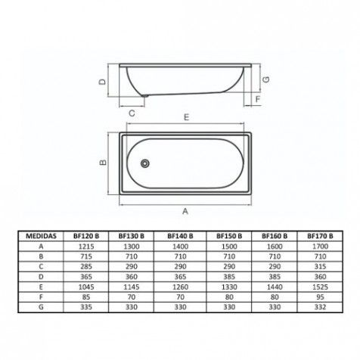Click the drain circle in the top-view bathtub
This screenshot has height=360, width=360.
pyautogui.click(x=145, y=163)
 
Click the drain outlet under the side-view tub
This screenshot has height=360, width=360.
pyautogui.click(x=145, y=95)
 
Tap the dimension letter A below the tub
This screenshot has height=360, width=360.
pyautogui.click(x=185, y=211)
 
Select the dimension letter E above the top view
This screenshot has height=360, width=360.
pyautogui.click(x=186, y=117)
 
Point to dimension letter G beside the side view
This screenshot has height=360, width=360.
pyautogui.click(x=266, y=79)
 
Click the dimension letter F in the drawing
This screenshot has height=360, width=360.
pyautogui.click(x=258, y=99)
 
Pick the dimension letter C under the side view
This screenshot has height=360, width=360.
pyautogui.click(x=132, y=113)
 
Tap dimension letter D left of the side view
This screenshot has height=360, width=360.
pyautogui.click(x=102, y=82)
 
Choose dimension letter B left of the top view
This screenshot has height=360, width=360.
pyautogui.click(x=103, y=163)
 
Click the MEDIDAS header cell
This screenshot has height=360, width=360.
pyautogui.click(x=41, y=236)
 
